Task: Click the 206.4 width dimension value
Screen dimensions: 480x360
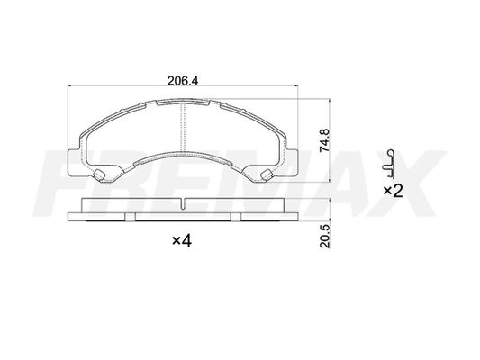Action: [x=183, y=81]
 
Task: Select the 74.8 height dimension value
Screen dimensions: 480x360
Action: [x=324, y=140]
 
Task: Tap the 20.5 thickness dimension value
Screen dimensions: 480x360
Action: [x=324, y=237]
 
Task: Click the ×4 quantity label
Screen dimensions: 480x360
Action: [x=182, y=241]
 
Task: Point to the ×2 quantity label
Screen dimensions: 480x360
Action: [x=393, y=192]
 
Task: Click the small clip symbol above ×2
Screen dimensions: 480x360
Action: [x=388, y=164]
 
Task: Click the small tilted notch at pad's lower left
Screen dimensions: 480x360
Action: [x=98, y=175]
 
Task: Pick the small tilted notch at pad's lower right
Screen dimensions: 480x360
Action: [x=266, y=175]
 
